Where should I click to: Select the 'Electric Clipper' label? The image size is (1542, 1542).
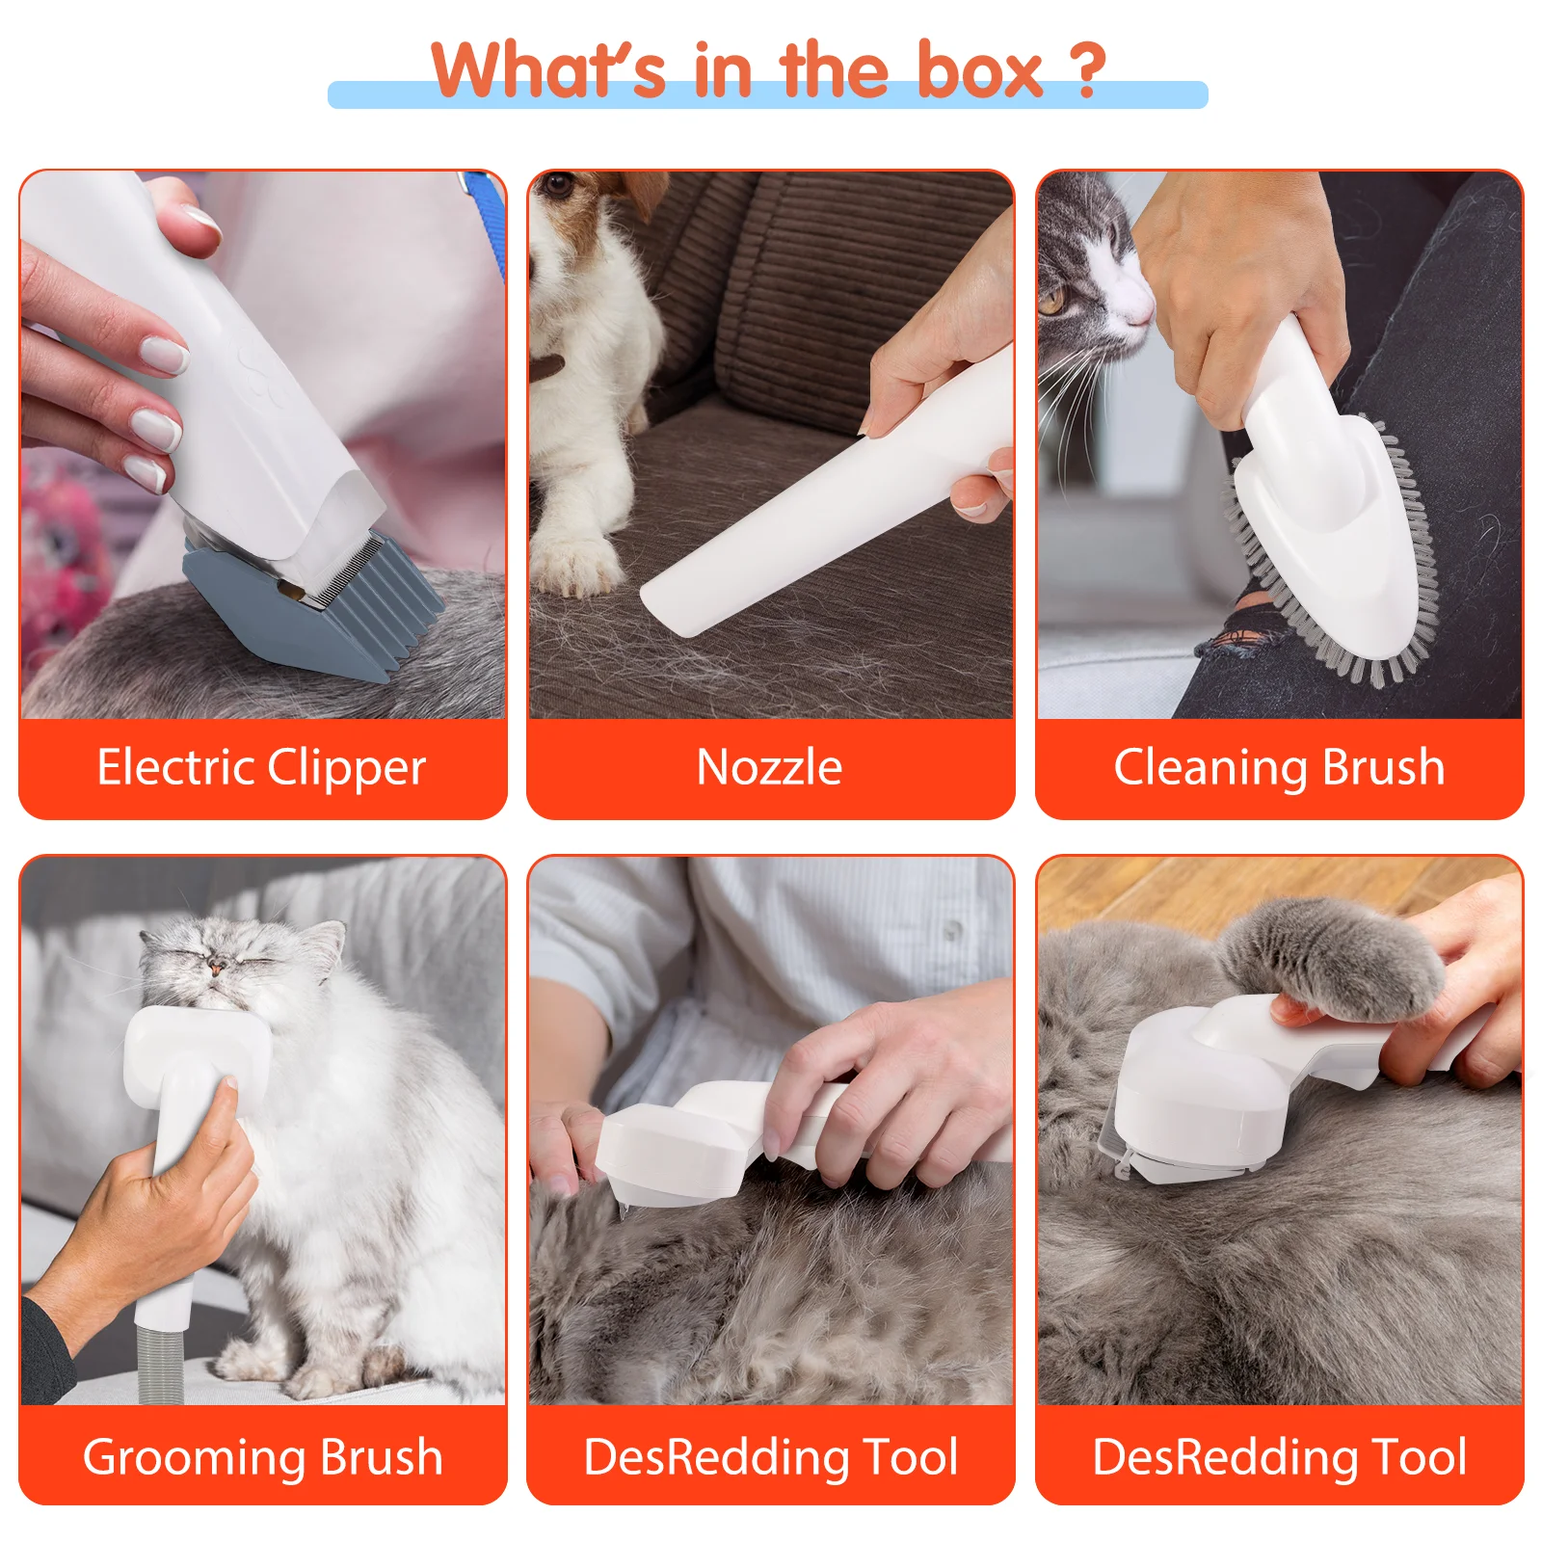tap(261, 768)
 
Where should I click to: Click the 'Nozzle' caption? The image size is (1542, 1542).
tap(769, 768)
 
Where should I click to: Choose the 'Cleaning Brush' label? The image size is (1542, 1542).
tap(1279, 768)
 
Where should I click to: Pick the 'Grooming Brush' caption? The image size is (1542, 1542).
tap(262, 1456)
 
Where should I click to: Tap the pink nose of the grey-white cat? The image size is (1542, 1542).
tap(1140, 310)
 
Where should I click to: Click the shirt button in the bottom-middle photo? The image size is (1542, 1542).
tap(952, 930)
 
